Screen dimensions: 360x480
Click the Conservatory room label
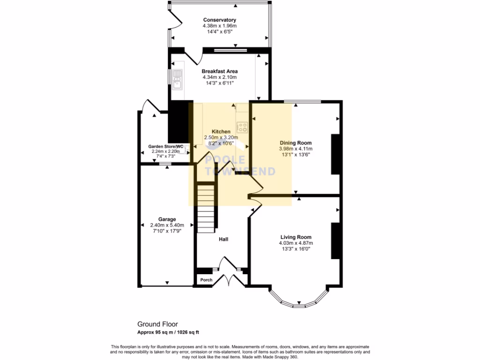pos(219,20)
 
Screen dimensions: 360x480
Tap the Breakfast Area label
pos(219,71)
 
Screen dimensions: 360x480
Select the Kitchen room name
pos(221,131)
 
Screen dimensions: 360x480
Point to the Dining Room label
pos(295,143)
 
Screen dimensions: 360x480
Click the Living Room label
pos(296,237)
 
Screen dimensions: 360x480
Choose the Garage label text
pos(166,219)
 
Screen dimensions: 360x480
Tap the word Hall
pos(224,239)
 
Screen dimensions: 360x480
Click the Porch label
pos(206,280)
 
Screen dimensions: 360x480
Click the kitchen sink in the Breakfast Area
pos(177,79)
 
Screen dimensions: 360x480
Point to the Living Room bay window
pos(298,300)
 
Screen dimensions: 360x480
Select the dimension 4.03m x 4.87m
pos(296,243)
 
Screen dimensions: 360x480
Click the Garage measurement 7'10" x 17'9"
pos(166,230)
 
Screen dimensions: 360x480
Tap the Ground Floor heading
pos(157,324)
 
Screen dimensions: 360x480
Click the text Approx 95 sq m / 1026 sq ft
pos(168,332)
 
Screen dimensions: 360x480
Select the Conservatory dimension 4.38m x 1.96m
pos(219,26)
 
